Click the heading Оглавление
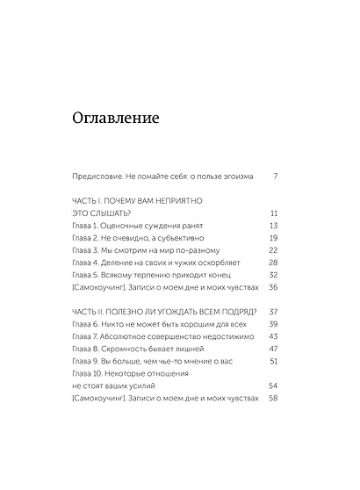117,119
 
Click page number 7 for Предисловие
275,176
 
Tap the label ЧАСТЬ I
85,200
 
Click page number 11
274,213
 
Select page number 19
273,238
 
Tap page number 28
273,263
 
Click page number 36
273,287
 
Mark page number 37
273,312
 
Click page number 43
273,336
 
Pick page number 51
274,361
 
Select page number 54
273,386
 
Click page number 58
273,398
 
